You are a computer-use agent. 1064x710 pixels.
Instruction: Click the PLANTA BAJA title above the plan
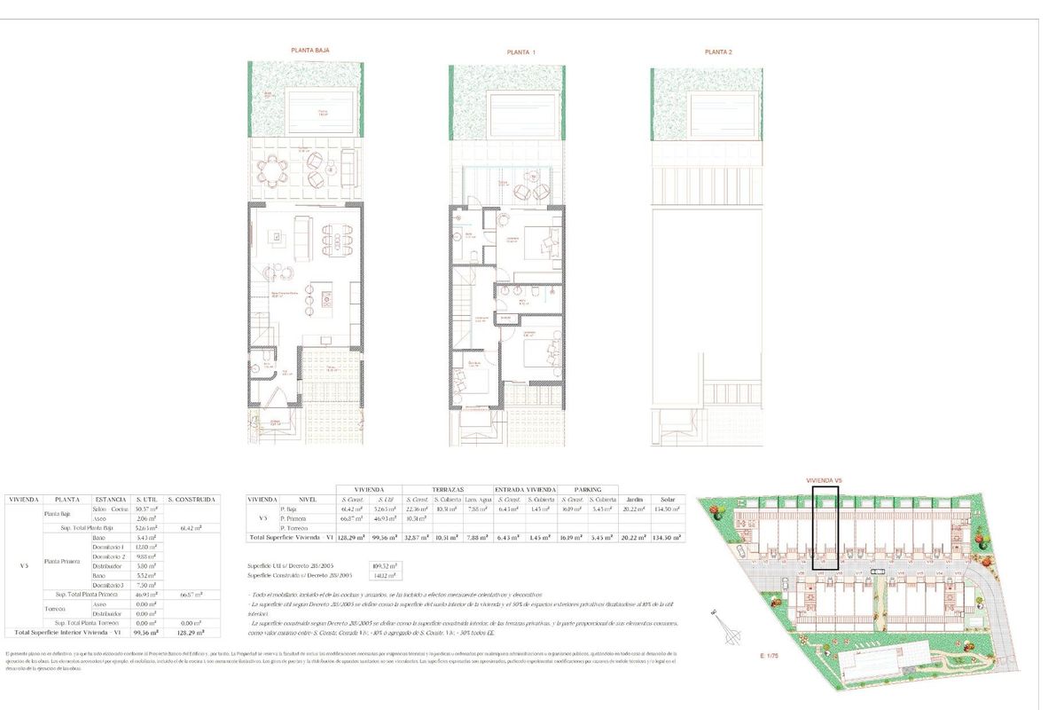click(304, 51)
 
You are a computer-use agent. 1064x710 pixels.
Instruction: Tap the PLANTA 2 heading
click(718, 52)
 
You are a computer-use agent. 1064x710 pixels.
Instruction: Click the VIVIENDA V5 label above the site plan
click(824, 479)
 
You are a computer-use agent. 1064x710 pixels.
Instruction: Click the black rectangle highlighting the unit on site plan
click(825, 527)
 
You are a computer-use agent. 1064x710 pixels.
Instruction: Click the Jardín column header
click(634, 500)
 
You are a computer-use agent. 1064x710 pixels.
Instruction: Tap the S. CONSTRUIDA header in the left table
click(191, 500)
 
